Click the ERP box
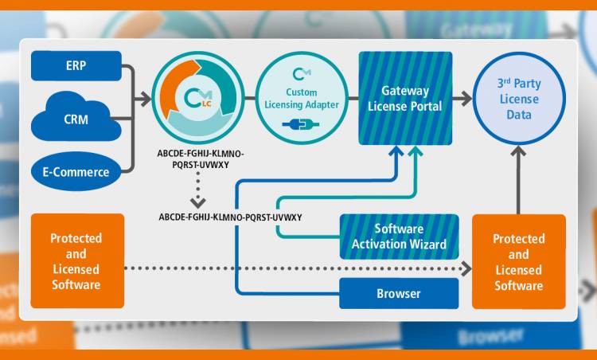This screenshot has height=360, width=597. (x=76, y=65)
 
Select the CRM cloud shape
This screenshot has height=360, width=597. (x=76, y=120)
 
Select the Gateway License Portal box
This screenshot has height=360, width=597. (x=405, y=98)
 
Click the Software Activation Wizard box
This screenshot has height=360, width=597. (x=399, y=237)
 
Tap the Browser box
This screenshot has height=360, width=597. (x=399, y=293)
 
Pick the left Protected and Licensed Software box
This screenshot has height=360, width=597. (x=76, y=261)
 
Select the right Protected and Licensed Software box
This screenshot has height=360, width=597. (x=518, y=261)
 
